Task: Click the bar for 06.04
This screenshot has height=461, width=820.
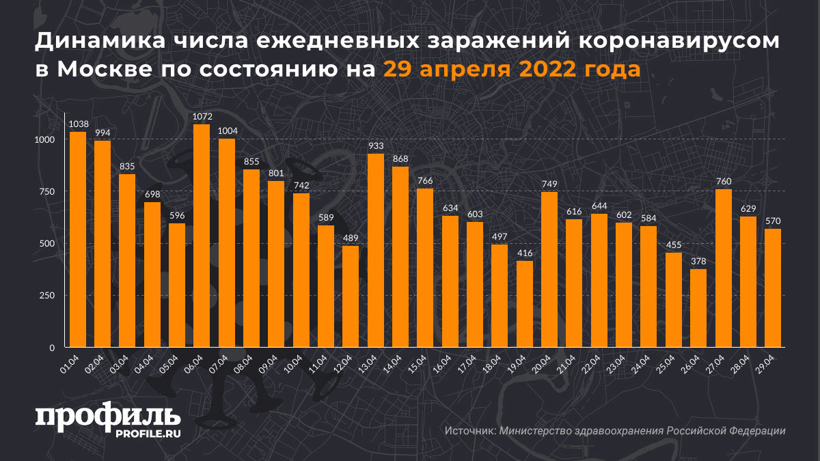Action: (202, 236)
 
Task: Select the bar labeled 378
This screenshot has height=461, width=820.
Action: (698, 308)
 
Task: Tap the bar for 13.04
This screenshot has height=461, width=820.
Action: (375, 251)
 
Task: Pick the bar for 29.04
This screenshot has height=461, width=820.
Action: (773, 288)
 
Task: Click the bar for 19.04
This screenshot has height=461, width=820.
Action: (524, 304)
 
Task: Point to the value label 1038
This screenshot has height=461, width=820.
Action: (77, 124)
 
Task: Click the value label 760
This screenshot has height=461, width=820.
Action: (723, 182)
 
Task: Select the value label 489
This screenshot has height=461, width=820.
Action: (351, 238)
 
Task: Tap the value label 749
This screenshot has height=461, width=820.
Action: (549, 184)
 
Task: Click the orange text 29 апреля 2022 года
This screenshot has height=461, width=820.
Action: (511, 69)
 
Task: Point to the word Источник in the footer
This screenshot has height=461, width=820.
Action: (469, 431)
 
